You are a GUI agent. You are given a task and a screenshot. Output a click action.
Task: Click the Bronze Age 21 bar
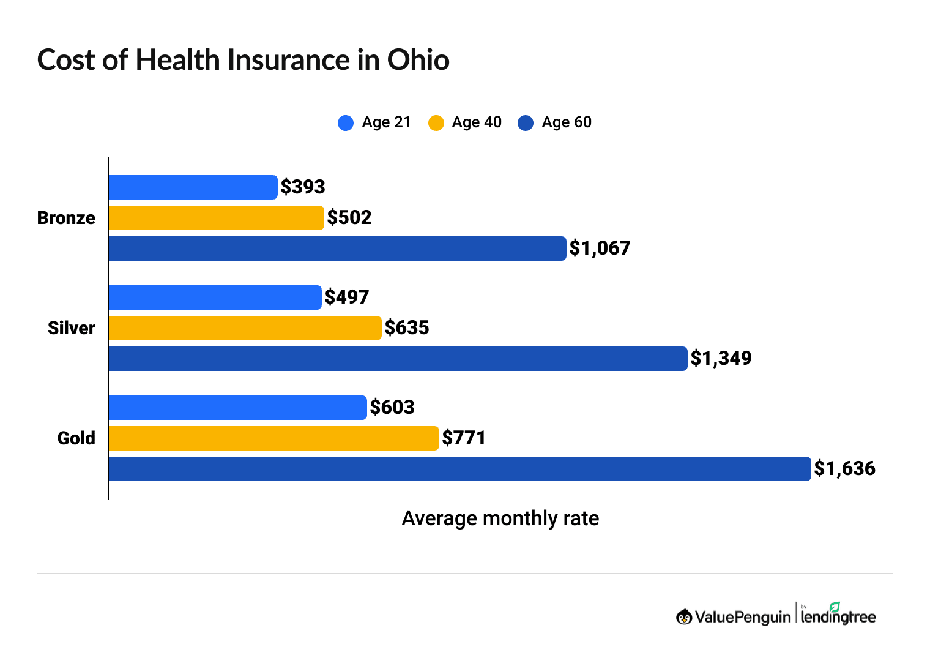tap(193, 187)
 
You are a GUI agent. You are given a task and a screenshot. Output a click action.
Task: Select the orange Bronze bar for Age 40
tap(216, 218)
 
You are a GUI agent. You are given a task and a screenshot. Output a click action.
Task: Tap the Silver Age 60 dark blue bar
tap(398, 359)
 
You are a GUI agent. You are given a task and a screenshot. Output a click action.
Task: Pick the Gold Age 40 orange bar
tap(273, 438)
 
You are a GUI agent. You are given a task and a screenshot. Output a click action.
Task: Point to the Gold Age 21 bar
tap(237, 408)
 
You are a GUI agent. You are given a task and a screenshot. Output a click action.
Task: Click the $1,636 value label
tap(844, 469)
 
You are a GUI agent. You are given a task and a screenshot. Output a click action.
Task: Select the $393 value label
tap(303, 187)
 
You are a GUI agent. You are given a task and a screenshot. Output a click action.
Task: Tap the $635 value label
tap(407, 328)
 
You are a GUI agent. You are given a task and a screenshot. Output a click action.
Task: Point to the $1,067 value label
tap(600, 249)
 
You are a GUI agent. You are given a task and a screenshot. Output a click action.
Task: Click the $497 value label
tap(347, 298)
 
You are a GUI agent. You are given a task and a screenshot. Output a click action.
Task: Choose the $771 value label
tap(464, 438)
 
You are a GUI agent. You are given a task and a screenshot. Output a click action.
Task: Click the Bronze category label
tap(66, 218)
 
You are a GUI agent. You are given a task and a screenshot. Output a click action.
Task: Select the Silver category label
tap(72, 328)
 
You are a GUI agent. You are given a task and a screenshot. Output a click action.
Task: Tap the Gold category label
tap(76, 438)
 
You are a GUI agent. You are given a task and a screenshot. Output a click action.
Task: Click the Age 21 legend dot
tap(346, 123)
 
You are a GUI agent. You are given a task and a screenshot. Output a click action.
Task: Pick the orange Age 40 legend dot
tap(436, 123)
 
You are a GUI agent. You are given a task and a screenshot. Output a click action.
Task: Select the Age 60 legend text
tap(567, 122)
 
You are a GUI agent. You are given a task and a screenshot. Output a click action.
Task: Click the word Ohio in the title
tap(418, 60)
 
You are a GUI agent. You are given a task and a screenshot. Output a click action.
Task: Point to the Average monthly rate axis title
tap(500, 518)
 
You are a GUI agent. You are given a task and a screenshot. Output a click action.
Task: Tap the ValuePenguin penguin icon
tap(684, 617)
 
